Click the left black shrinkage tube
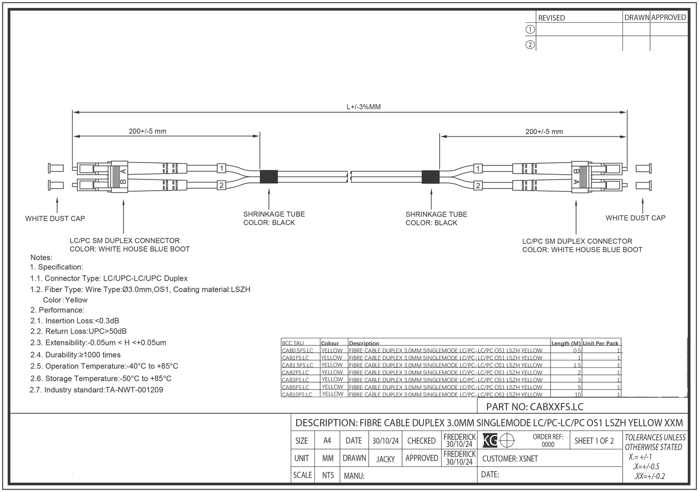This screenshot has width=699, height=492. (269, 177)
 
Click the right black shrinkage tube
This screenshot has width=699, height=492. (431, 177)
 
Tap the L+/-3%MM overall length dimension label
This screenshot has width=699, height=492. (363, 107)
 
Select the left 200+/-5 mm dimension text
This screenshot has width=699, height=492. (148, 131)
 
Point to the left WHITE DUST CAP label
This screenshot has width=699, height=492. (55, 219)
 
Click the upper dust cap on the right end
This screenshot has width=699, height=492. (643, 169)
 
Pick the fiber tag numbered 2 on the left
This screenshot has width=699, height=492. (221, 185)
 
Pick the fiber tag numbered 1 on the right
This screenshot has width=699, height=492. (478, 169)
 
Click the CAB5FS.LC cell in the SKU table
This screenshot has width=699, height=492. (296, 387)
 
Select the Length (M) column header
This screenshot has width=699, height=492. (566, 343)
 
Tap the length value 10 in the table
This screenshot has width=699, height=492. (578, 395)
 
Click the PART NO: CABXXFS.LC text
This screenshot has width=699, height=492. (535, 407)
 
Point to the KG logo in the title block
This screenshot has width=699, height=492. (490, 441)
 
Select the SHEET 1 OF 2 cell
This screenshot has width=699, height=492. (594, 441)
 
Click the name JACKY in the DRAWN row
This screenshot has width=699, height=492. (386, 459)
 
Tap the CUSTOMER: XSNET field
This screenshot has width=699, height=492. (510, 459)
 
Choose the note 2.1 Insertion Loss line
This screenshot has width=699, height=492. (75, 321)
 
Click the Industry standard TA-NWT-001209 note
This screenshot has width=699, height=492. (97, 390)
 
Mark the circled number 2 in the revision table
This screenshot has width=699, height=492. (530, 45)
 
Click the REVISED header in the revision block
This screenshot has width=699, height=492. (551, 18)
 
